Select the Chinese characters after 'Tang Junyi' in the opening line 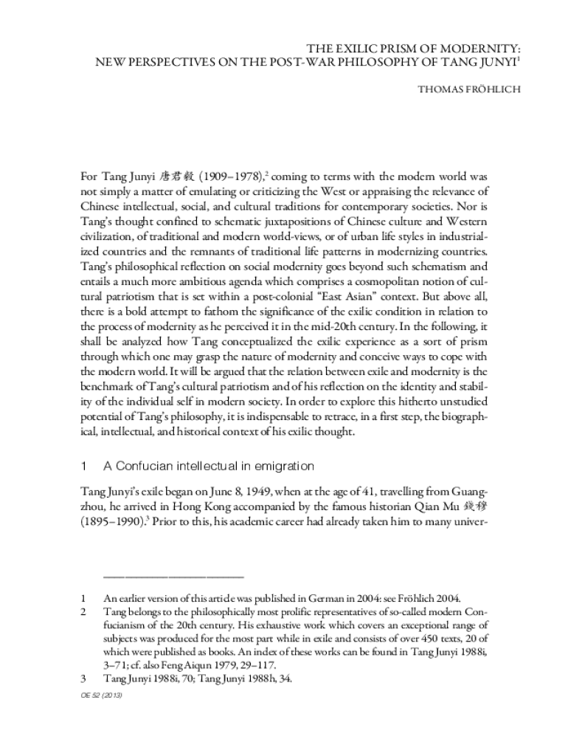point(179,177)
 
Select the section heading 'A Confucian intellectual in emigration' point(209,466)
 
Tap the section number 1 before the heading point(84,466)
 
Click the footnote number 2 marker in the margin point(84,613)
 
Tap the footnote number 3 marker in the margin point(84,678)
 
